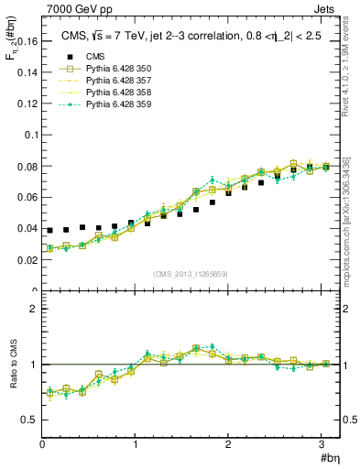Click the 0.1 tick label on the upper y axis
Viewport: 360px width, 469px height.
click(x=30, y=135)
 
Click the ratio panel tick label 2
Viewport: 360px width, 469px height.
click(x=34, y=309)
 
